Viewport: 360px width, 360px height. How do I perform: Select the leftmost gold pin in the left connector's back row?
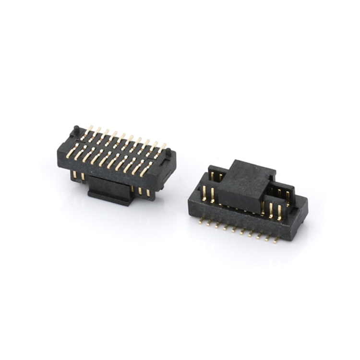tap(88, 130)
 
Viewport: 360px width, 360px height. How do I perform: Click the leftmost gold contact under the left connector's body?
tap(75, 176)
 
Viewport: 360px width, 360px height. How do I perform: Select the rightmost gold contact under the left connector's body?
tap(148, 192)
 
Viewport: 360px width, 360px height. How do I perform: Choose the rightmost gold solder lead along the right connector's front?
tap(276, 240)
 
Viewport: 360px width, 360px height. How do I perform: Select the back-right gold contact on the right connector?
tap(288, 195)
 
